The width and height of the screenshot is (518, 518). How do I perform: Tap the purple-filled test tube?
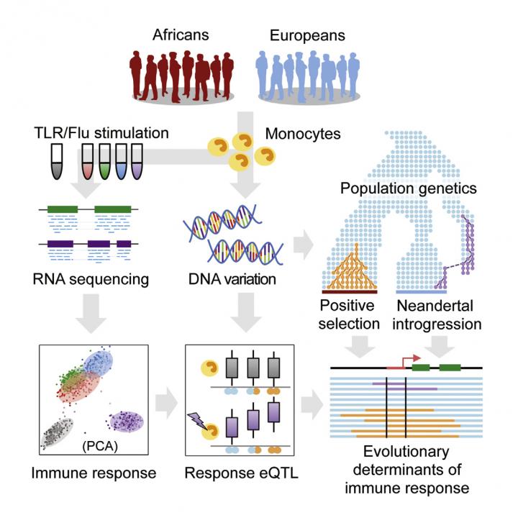tap(135, 162)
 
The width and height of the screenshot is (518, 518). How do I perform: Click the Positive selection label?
tap(349, 315)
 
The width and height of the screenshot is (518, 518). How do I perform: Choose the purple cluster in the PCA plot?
tap(124, 422)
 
